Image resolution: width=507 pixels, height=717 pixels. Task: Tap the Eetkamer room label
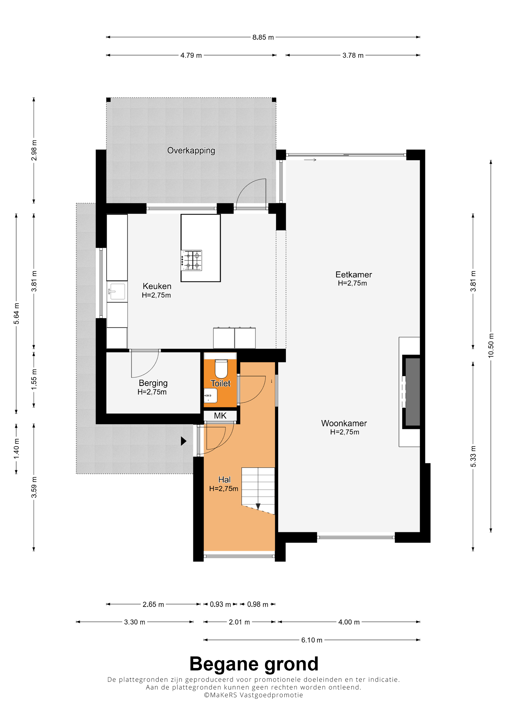click(x=354, y=274)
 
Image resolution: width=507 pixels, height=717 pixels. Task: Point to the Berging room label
click(x=153, y=383)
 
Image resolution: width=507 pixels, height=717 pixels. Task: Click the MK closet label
click(x=220, y=416)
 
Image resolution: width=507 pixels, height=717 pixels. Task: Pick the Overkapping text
click(x=191, y=151)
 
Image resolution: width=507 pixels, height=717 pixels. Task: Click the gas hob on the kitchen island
click(x=191, y=260)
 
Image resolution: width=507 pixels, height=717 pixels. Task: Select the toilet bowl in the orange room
click(x=221, y=369)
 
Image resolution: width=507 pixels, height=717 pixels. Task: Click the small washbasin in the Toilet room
click(x=211, y=396)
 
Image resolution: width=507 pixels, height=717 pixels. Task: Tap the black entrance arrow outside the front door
click(x=184, y=441)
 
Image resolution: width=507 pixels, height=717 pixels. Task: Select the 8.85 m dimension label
click(x=263, y=37)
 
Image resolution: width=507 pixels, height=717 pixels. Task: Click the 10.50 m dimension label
click(x=491, y=345)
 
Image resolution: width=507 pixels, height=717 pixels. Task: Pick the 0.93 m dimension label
click(x=220, y=604)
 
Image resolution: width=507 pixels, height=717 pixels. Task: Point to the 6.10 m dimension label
click(x=312, y=640)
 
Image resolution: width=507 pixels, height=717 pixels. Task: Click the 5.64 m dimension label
click(x=16, y=313)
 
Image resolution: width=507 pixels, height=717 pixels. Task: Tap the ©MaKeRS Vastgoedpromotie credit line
click(x=253, y=695)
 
